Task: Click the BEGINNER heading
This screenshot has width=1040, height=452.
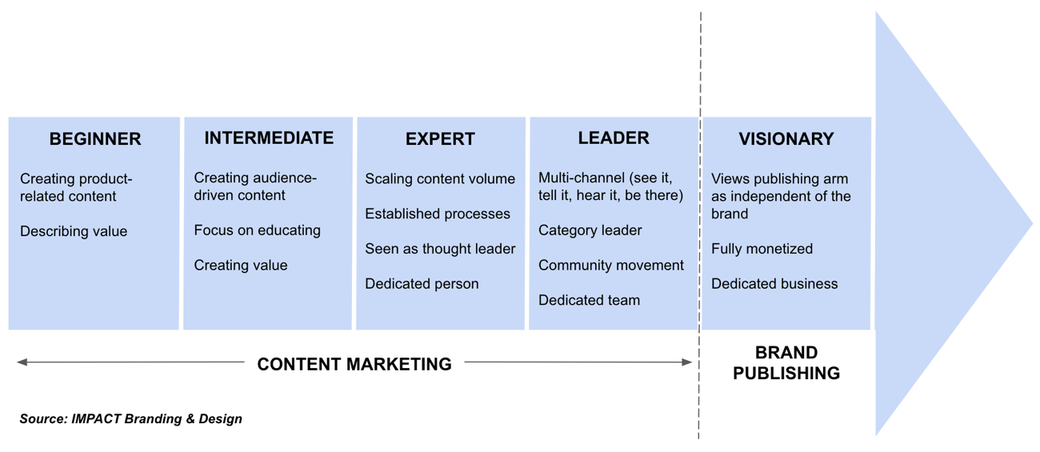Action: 94,139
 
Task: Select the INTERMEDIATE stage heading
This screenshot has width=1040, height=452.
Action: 269,138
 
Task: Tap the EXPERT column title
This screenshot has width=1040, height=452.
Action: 440,139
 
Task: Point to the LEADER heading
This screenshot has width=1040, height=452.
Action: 613,138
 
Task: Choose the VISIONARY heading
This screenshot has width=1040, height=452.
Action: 786,139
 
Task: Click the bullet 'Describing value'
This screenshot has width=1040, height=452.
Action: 74,231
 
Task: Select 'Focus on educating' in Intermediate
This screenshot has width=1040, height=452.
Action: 257,230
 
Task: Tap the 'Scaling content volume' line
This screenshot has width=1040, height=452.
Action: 440,179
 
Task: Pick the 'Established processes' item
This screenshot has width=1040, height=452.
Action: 438,214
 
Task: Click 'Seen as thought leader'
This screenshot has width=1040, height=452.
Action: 440,249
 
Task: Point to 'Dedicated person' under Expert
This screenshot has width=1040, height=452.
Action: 422,284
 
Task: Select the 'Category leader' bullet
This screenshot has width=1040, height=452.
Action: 590,230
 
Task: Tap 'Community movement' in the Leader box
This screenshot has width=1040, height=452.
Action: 611,266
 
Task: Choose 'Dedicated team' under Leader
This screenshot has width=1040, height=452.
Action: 589,301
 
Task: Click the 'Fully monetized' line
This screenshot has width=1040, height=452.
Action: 762,249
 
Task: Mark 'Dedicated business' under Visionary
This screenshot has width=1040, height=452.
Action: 774,284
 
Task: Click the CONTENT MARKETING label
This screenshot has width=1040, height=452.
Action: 354,364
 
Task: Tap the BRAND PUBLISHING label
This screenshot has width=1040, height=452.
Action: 786,363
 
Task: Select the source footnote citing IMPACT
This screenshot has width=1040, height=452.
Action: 130,418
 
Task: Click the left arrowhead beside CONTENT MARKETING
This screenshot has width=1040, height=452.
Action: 22,362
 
